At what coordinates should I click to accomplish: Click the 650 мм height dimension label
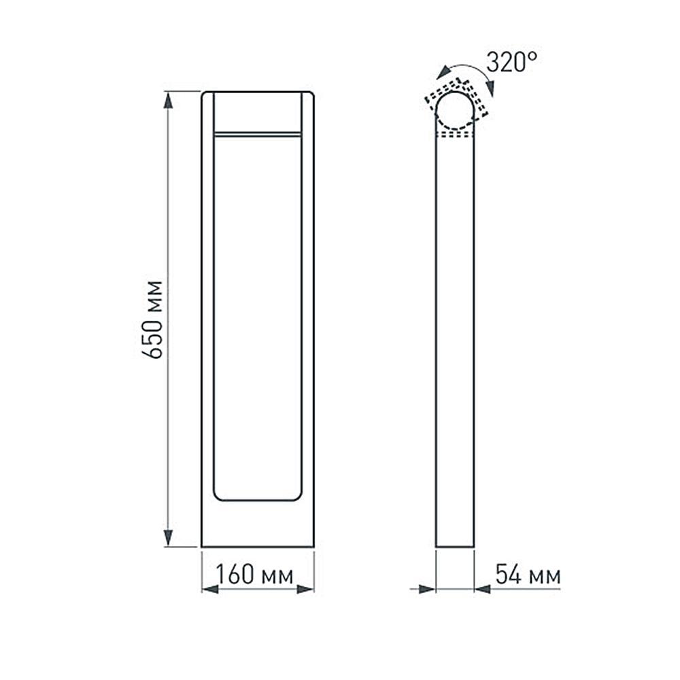click(x=156, y=319)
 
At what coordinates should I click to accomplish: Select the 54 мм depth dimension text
click(x=528, y=575)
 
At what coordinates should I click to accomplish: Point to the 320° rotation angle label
click(x=512, y=63)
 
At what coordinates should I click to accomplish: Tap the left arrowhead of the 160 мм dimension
click(x=210, y=589)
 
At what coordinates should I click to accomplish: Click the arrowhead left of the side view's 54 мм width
click(x=427, y=589)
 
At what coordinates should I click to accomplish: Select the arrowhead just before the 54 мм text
click(x=482, y=589)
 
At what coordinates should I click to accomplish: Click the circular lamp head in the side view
click(x=454, y=111)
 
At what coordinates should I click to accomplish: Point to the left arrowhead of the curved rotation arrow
click(x=443, y=72)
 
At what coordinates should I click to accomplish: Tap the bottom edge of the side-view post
click(x=454, y=546)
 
